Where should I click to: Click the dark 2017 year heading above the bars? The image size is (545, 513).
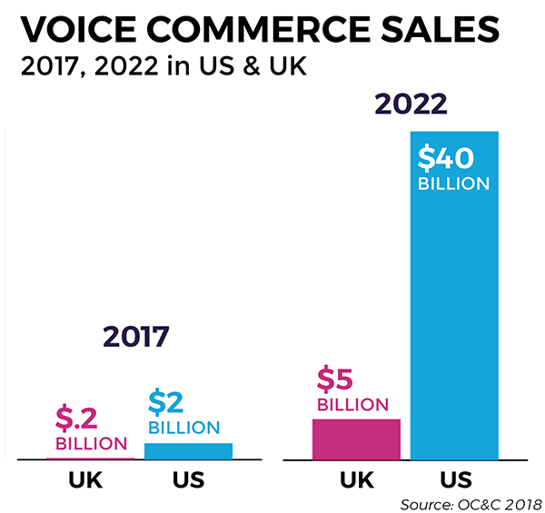pos(135,338)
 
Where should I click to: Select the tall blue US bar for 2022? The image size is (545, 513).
pos(454,318)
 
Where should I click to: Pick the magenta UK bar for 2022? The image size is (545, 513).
pos(356,439)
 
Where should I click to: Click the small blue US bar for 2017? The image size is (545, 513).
pos(188,450)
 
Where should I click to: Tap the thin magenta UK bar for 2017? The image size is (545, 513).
pos(90,458)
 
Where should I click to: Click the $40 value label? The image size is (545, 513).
pos(445,158)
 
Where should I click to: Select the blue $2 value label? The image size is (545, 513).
pos(165,402)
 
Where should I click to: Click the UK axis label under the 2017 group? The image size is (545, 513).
pos(86,481)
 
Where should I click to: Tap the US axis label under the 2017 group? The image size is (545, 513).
pos(184,481)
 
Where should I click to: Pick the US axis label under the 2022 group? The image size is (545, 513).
pos(454,481)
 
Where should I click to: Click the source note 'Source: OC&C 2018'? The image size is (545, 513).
pos(471,503)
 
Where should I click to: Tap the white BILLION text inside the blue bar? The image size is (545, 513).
pos(453,183)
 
